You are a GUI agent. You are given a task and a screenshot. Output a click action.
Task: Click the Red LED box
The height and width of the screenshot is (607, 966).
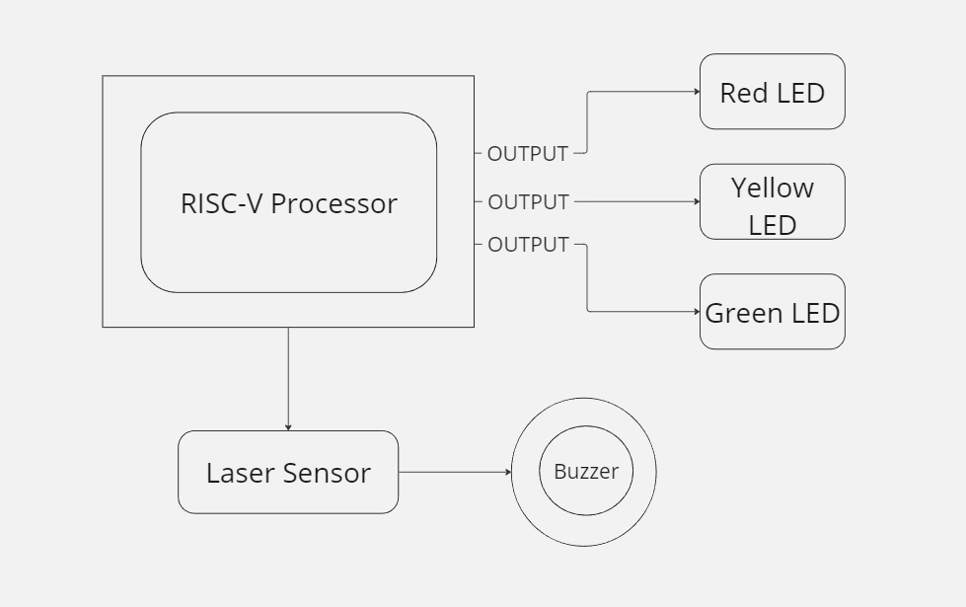coord(772,92)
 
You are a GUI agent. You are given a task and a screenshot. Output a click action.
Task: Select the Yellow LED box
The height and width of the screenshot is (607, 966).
coord(772,201)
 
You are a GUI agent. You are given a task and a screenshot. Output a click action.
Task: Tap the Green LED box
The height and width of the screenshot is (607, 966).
coord(772,312)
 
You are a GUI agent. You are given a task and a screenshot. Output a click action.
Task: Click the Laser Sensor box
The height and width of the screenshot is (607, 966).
coord(288,472)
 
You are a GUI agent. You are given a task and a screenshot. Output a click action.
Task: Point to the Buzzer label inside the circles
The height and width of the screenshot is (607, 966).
coord(585,471)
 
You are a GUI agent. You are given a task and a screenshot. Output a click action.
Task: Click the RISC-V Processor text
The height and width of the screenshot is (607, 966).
coord(289,203)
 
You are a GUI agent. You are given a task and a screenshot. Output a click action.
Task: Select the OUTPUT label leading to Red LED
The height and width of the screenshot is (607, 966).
coord(528,154)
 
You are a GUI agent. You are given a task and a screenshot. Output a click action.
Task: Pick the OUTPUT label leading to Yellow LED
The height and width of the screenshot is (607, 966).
coord(528,201)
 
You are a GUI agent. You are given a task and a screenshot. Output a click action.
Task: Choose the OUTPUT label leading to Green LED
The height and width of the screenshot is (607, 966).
coord(528,244)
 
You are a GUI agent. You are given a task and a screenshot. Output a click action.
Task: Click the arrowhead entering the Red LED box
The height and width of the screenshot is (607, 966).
coord(696,92)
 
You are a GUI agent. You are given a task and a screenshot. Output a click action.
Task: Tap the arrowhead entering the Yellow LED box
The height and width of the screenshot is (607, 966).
coord(696,201)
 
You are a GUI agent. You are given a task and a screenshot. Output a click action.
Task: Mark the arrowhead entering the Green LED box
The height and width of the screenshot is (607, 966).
coord(696,312)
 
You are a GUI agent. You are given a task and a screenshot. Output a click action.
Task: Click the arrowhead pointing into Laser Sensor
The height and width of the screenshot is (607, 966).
coord(288,426)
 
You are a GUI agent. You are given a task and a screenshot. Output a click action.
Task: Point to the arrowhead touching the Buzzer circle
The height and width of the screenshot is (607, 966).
coord(508,472)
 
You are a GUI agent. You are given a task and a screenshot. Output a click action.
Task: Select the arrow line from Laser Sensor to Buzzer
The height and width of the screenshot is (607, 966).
coord(454,472)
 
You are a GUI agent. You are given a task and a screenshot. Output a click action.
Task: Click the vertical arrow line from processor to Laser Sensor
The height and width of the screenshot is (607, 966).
coord(288,375)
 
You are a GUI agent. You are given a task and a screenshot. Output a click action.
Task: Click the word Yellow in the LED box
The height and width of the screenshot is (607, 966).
coord(772,188)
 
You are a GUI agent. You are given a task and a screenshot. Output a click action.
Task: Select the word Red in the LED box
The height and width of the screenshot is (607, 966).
coord(739,93)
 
